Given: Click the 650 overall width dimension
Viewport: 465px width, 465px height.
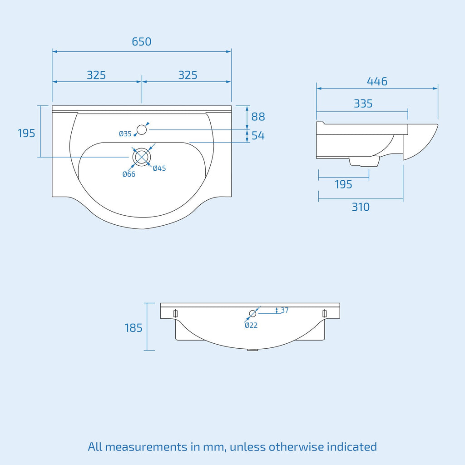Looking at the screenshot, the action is tap(142, 41).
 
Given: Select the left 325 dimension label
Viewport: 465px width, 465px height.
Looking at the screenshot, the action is tap(96, 75).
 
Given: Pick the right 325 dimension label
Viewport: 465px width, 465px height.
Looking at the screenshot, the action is tap(188, 75).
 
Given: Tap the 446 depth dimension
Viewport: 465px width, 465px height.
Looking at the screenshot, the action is tap(377, 81).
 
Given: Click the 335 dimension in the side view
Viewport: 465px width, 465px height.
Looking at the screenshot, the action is tap(363, 104).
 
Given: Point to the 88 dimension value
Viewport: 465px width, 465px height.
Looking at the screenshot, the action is tap(258, 117).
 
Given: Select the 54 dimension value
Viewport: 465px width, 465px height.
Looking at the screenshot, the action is tap(258, 135).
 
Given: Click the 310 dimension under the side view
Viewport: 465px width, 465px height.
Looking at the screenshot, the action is tap(361, 207).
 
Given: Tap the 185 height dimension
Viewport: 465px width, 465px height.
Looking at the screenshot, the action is tap(134, 328).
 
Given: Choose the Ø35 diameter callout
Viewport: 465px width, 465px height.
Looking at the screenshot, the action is tap(125, 134).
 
